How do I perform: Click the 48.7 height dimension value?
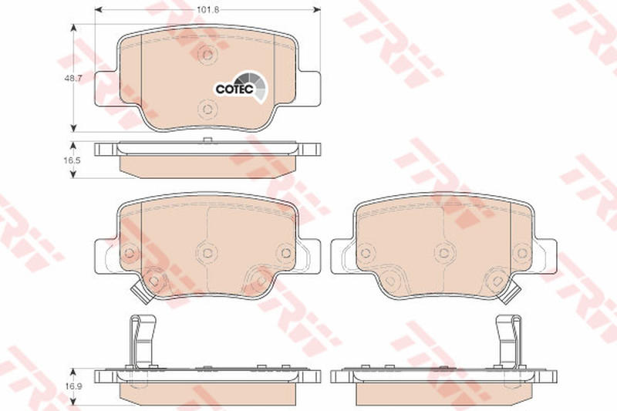(x=72, y=78)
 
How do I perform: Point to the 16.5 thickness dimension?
(x=72, y=160)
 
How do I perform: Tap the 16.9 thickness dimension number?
(x=72, y=386)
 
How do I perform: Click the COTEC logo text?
(x=234, y=89)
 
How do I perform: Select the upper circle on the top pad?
(x=207, y=54)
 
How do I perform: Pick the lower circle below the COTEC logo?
(x=207, y=109)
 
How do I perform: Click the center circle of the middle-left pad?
(x=207, y=252)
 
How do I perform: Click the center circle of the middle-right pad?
(x=444, y=252)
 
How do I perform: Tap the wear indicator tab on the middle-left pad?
(x=140, y=292)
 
